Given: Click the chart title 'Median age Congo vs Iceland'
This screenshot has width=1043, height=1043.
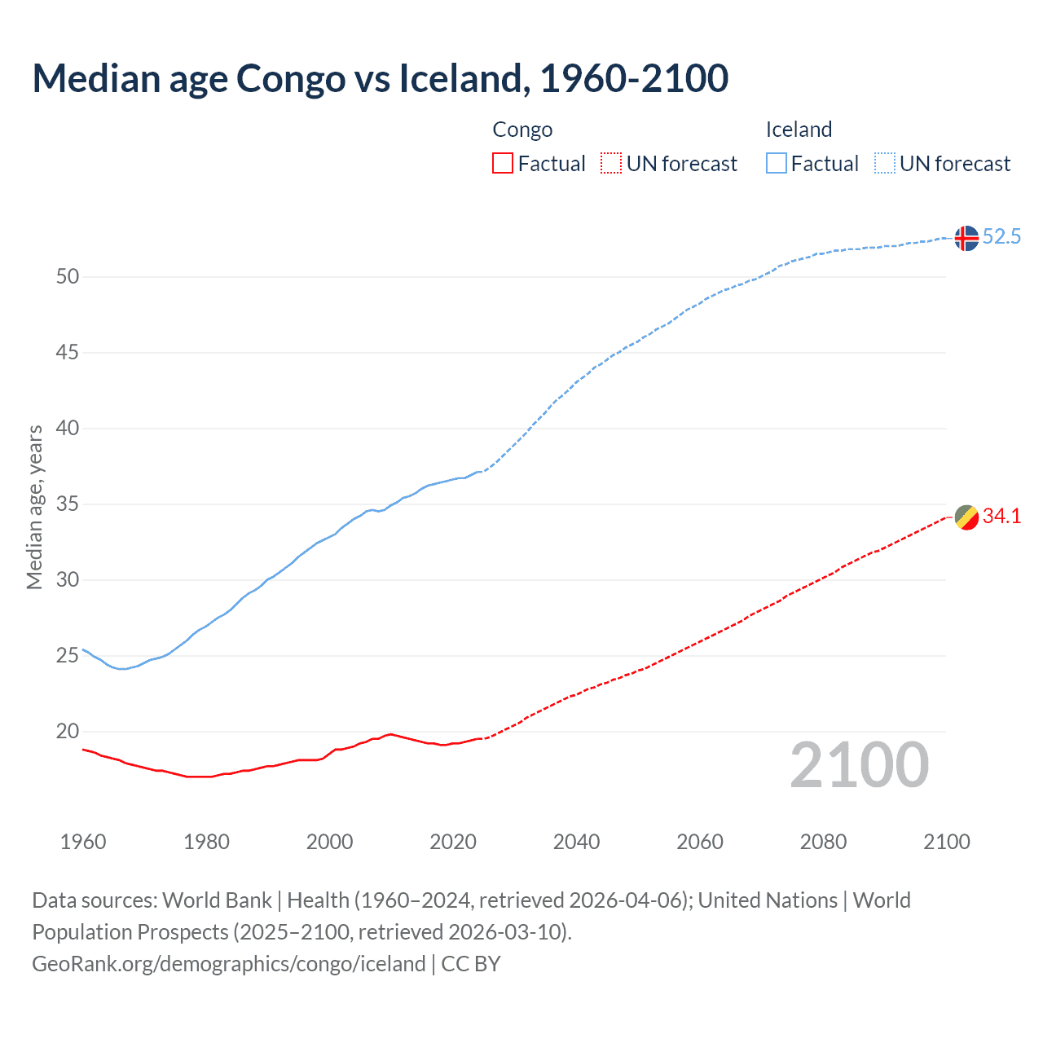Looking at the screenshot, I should [x=380, y=78].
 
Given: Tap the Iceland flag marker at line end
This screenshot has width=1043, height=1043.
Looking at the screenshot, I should [x=966, y=238].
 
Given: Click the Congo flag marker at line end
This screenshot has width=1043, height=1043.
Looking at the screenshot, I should [x=966, y=517].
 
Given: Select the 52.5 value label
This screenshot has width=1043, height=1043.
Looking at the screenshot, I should [x=1001, y=237].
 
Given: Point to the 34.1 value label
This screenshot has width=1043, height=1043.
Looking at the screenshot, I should [x=1001, y=517].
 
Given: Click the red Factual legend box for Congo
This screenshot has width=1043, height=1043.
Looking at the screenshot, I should [x=503, y=164].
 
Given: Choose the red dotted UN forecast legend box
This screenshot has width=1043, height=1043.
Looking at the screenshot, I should [x=611, y=164].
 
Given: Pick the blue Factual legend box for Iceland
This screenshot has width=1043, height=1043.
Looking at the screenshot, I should [x=776, y=164].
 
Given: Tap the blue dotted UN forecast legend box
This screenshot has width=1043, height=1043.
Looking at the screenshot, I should [x=884, y=164].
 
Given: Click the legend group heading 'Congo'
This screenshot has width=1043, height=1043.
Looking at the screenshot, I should [x=522, y=130].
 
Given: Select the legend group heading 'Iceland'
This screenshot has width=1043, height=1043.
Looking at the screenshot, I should [x=799, y=130].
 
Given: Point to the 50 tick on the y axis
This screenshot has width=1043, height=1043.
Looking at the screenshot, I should [x=68, y=277].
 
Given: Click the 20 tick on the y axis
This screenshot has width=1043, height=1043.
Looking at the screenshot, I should [x=68, y=732].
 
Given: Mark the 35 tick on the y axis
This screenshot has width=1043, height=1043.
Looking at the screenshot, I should [x=68, y=504].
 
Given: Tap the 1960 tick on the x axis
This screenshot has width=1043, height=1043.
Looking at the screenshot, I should [x=83, y=842].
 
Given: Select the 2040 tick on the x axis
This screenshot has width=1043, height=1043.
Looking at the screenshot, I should [x=576, y=842].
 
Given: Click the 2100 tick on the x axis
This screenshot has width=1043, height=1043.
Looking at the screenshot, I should [x=946, y=842].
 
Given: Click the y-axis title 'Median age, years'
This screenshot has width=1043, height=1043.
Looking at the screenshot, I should [x=34, y=507].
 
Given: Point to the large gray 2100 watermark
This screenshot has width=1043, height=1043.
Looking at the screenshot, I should [x=859, y=765].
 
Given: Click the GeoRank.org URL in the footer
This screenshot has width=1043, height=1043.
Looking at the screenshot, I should [x=228, y=964].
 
